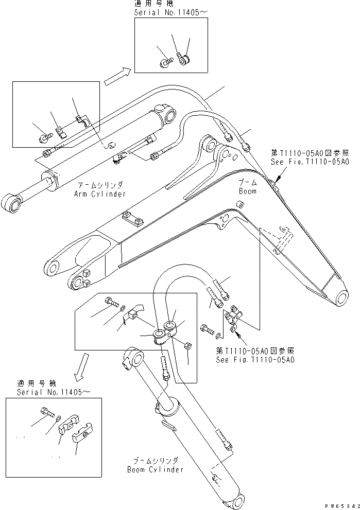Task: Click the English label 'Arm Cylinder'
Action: [x=101, y=194]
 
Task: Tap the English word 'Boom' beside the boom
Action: [x=247, y=190]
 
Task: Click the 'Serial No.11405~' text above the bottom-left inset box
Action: [x=54, y=392]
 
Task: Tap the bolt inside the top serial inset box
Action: [x=164, y=62]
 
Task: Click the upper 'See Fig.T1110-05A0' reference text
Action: [x=310, y=162]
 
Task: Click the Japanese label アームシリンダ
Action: [x=101, y=186]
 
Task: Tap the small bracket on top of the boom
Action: [x=131, y=220]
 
